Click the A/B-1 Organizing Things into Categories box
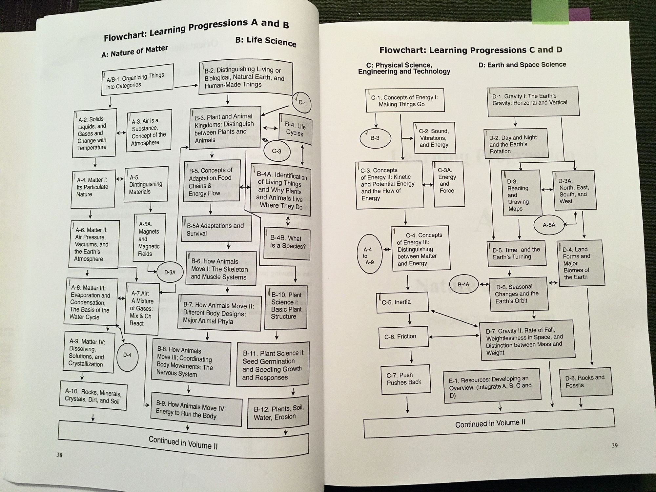tap(137, 80)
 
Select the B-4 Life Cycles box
tap(295, 129)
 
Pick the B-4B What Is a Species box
tap(287, 242)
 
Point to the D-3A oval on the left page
tap(170, 272)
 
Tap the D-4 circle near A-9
tap(127, 355)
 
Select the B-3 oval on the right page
tap(375, 138)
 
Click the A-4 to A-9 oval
tap(369, 256)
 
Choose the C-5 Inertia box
tap(402, 302)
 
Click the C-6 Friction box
tap(403, 337)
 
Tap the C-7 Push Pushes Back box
tap(406, 379)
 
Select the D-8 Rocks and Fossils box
tap(586, 381)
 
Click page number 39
tap(614, 445)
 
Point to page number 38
tap(59, 455)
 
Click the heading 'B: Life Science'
tap(266, 42)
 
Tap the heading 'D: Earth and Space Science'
tap(522, 65)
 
